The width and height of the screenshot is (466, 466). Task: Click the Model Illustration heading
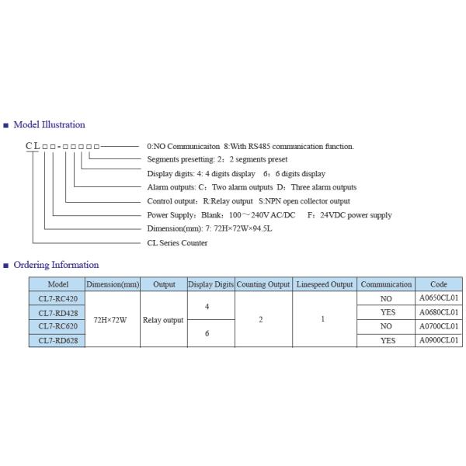pos(49,124)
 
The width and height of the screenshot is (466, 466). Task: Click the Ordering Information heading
pos(56,265)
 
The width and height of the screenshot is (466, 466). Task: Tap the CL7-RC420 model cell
pos(57,298)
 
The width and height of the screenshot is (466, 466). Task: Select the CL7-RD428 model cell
pos(57,312)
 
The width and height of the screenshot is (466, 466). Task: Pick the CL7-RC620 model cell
pos(57,326)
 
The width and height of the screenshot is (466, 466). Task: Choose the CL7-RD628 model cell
pos(57,340)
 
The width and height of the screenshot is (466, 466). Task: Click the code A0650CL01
pos(439,298)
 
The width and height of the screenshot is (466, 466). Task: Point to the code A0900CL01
pos(439,340)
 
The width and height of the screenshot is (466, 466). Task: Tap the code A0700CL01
pos(439,326)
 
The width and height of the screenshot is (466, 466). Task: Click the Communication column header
pos(387,284)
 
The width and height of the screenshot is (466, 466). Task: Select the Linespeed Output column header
pos(324,284)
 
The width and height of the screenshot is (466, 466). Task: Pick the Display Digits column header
pos(210,284)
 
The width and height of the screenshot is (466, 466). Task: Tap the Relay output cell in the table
pos(163,319)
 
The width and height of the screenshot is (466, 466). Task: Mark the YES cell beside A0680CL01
pos(387,312)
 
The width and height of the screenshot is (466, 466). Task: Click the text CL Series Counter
pos(177,242)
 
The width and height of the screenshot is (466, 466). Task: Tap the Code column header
pos(439,284)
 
